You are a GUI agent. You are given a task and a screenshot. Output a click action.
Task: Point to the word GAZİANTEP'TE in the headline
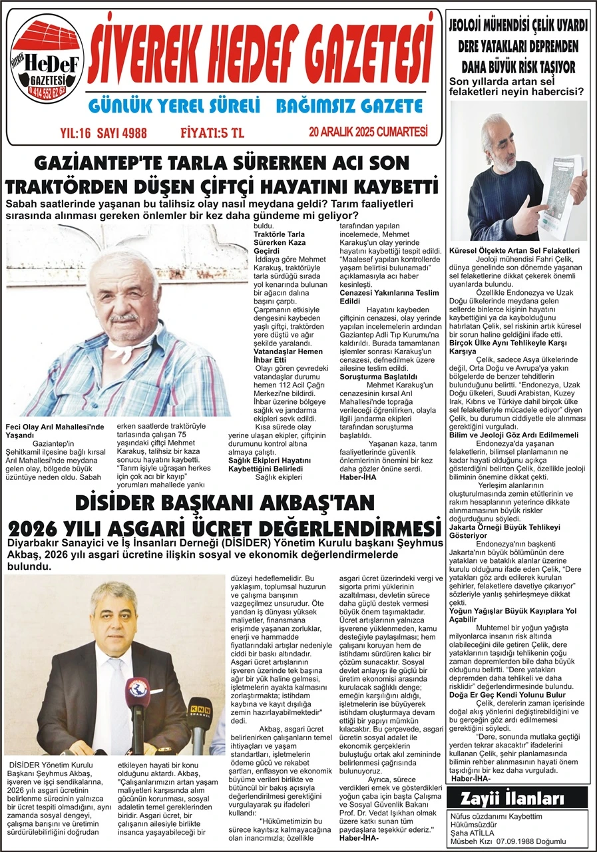110,163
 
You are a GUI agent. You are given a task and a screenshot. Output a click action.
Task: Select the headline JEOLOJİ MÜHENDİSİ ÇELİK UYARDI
518,26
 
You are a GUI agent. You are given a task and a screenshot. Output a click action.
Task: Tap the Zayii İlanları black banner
518,798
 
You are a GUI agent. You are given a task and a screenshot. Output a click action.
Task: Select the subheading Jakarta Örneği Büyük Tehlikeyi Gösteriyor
504,531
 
